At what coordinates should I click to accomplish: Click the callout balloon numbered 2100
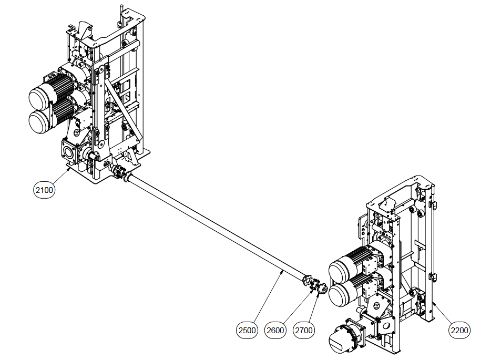(x=44, y=190)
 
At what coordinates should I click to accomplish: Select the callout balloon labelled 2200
(x=459, y=331)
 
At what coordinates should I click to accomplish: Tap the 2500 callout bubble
(x=247, y=331)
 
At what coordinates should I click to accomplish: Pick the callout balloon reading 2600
(x=275, y=331)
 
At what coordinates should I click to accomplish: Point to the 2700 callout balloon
(x=304, y=331)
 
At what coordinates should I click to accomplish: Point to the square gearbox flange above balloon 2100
(x=69, y=152)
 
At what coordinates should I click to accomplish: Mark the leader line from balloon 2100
(x=59, y=176)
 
